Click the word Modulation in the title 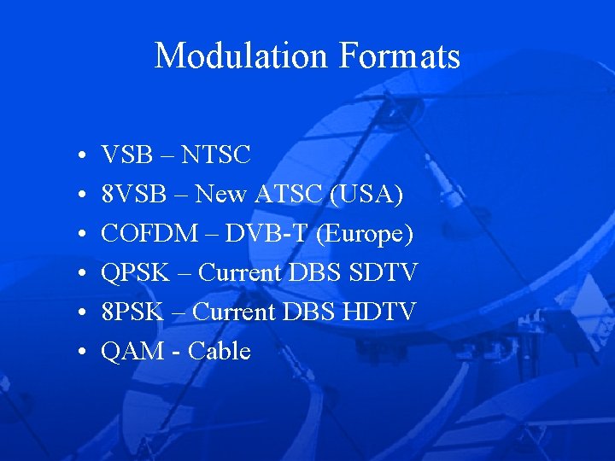coord(242,56)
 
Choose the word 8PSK coord(132,312)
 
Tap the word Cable coord(220,352)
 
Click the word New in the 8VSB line coord(220,195)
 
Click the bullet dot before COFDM coord(78,235)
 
